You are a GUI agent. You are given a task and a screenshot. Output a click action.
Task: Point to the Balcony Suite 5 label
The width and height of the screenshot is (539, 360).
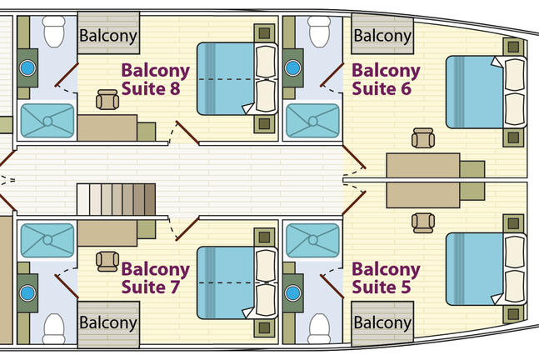[x=386, y=278]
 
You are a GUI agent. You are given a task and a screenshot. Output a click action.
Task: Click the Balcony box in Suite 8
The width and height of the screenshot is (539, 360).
[x=107, y=36]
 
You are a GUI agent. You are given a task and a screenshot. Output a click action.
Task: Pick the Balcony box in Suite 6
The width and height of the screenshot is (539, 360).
[x=382, y=36]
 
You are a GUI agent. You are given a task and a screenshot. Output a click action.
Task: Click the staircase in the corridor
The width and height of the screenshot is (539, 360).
[x=116, y=201]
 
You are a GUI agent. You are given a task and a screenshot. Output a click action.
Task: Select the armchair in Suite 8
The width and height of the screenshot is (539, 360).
[x=107, y=100]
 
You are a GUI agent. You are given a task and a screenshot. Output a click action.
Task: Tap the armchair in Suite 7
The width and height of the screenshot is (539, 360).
[x=107, y=261]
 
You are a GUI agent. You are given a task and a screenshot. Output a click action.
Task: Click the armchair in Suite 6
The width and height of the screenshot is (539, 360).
[x=423, y=137]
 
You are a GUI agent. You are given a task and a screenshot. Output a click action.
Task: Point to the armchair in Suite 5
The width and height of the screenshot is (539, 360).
[x=423, y=222]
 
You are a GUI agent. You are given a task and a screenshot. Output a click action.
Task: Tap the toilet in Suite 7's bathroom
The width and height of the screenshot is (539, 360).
[x=54, y=326]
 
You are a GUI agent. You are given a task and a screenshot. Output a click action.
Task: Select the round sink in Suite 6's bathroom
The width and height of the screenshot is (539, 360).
[x=293, y=67]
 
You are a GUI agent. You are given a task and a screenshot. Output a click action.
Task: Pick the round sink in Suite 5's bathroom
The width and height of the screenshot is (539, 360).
[x=293, y=293]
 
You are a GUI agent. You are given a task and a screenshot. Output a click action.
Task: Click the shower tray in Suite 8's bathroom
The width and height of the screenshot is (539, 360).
[x=47, y=120]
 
